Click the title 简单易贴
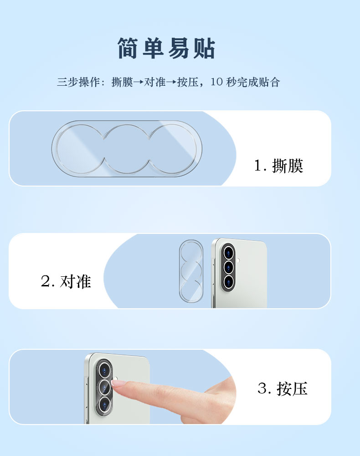(x=166, y=48)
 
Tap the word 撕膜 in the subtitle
(x=122, y=82)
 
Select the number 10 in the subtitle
(x=216, y=82)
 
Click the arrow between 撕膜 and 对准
(x=139, y=82)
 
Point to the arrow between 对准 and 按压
(x=171, y=82)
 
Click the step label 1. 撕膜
(x=278, y=166)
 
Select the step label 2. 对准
(x=66, y=281)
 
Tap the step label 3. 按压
(x=283, y=388)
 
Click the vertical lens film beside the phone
(x=191, y=271)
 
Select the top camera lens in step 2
(x=228, y=253)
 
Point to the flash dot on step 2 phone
(x=238, y=260)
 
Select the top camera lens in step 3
(x=104, y=370)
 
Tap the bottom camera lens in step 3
(x=104, y=404)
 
